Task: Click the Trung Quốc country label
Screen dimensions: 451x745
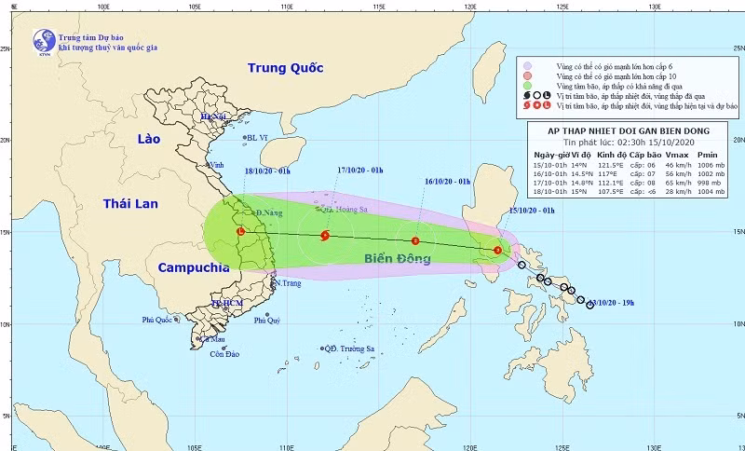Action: tap(285, 68)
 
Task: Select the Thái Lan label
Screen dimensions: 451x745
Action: tap(131, 203)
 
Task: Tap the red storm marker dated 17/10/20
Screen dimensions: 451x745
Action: tap(325, 236)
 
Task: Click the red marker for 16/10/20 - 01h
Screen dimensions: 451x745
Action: tap(416, 241)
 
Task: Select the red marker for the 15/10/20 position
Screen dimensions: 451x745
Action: tap(498, 250)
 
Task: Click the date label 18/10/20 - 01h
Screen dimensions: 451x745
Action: tap(267, 171)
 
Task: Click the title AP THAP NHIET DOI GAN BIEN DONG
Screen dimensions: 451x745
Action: tap(630, 131)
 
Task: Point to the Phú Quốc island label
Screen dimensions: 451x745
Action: tap(159, 320)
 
